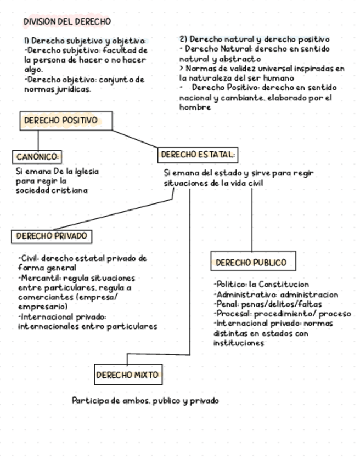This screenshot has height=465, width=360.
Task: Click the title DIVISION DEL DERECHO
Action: pyautogui.click(x=67, y=21)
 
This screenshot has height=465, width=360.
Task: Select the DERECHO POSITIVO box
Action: pyautogui.click(x=66, y=121)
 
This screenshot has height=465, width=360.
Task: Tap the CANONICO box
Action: pyautogui.click(x=37, y=157)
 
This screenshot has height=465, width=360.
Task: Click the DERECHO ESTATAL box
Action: pyautogui.click(x=198, y=155)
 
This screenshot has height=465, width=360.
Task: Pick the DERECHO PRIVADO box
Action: pyautogui.click(x=52, y=236)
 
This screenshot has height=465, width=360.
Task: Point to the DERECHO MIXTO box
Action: pyautogui.click(x=127, y=375)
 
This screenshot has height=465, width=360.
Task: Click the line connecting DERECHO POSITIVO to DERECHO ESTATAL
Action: pyautogui.click(x=135, y=139)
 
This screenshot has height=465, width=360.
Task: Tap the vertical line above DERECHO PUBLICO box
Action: pyautogui.click(x=252, y=219)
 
